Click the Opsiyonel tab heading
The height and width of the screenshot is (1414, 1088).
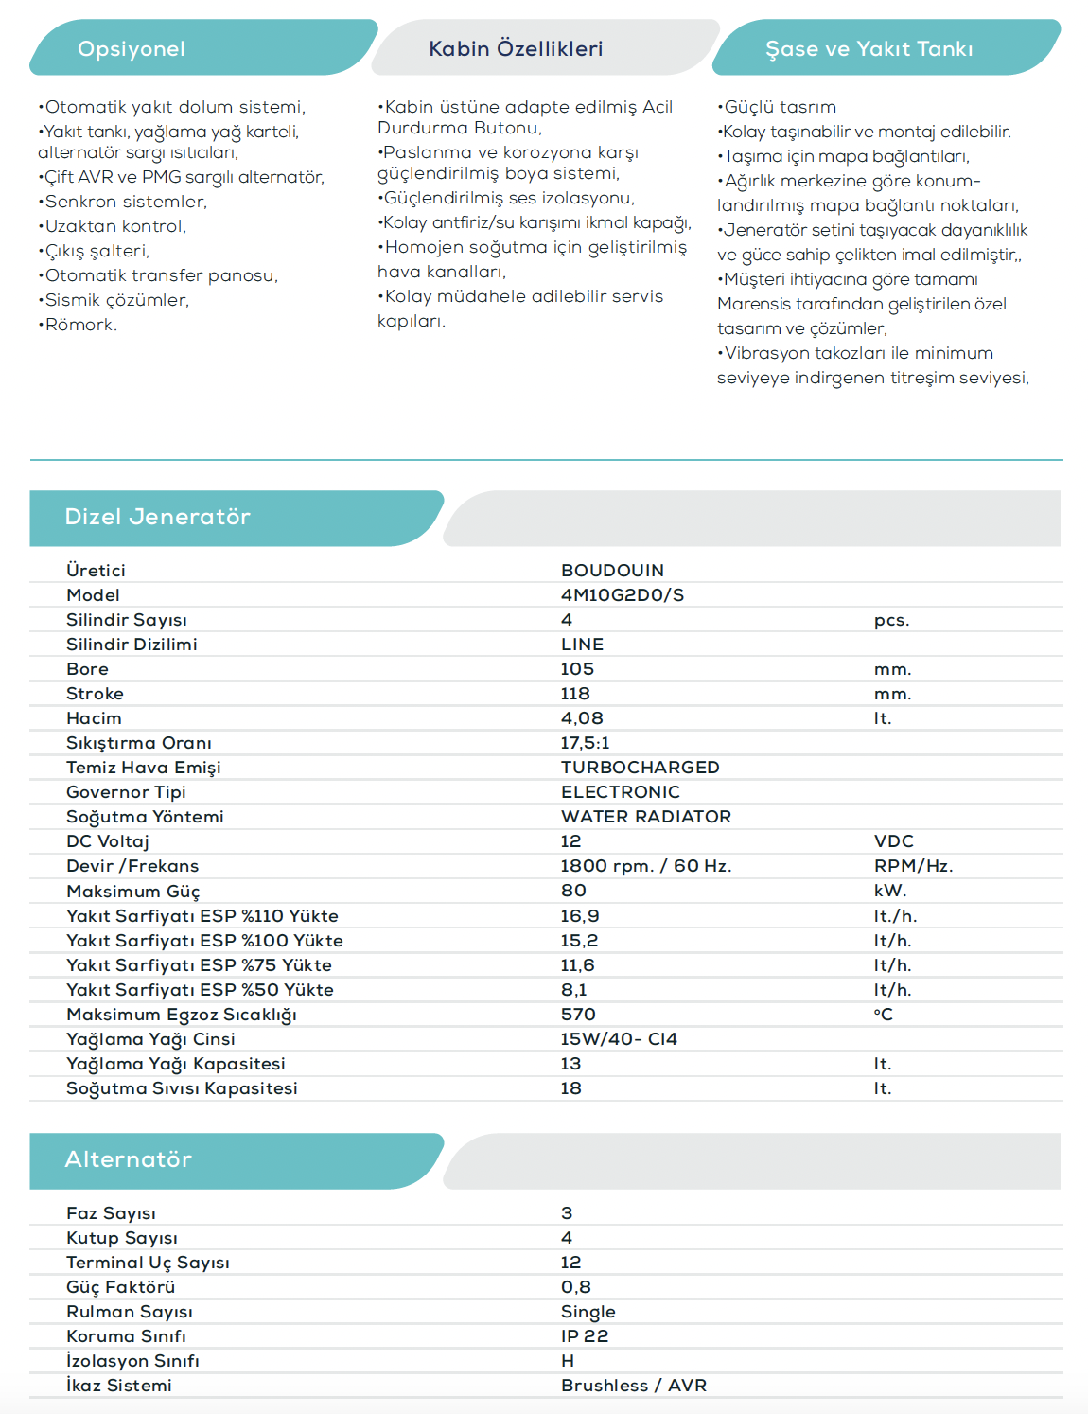tap(132, 49)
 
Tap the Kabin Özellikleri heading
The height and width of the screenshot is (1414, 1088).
tap(516, 49)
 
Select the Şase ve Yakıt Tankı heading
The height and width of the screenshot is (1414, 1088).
tap(869, 49)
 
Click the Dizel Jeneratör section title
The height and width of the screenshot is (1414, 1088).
tap(157, 517)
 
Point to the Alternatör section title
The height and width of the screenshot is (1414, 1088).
tap(128, 1159)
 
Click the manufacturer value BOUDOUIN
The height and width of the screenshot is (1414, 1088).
tap(612, 571)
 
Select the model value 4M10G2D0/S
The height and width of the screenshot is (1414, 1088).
tap(622, 595)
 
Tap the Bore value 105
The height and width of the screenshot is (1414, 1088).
tap(577, 669)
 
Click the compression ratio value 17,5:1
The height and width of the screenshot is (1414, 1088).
tap(585, 743)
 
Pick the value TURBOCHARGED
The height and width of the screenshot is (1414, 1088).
tap(640, 768)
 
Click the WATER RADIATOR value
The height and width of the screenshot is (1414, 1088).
tap(645, 817)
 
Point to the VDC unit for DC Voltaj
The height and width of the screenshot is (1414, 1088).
tap(893, 841)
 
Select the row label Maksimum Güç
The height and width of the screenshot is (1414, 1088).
tap(132, 892)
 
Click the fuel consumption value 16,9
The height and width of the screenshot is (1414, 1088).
tap(579, 916)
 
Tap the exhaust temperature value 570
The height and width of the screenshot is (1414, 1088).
tap(577, 1015)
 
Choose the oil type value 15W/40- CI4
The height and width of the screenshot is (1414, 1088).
tap(618, 1039)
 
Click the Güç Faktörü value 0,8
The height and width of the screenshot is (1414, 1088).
tap(575, 1287)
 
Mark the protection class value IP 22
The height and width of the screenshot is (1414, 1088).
tap(584, 1336)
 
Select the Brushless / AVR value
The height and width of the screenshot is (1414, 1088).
tap(633, 1386)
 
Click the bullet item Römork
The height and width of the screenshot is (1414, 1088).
tap(79, 325)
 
